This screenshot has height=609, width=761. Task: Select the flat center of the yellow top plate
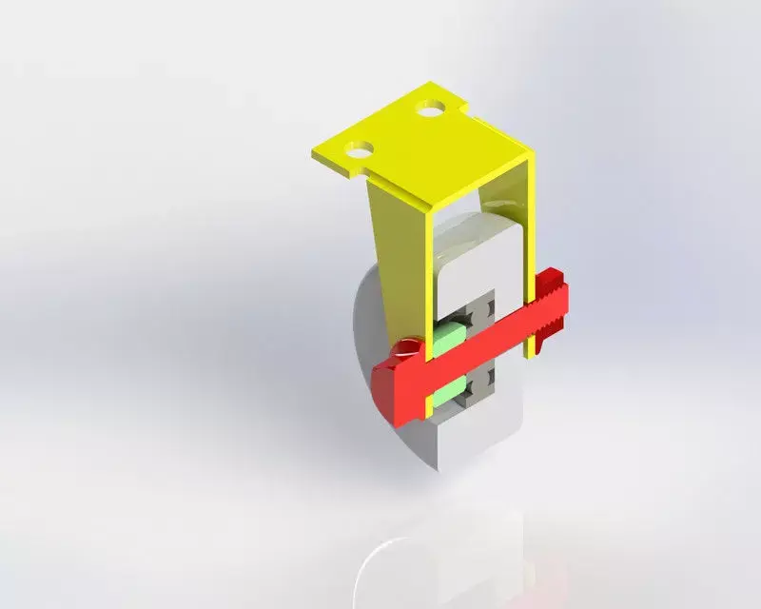[x=428, y=157]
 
